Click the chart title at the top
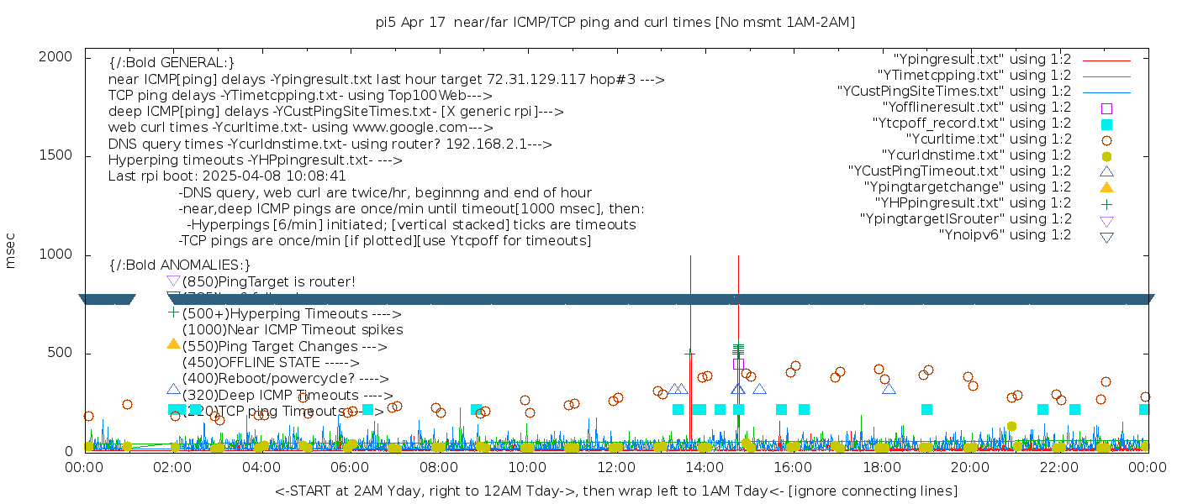(615, 23)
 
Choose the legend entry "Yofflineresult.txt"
(977, 108)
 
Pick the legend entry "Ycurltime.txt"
(988, 139)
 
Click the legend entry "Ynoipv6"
(1005, 235)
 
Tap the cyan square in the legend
(1106, 124)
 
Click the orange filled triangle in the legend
(1106, 187)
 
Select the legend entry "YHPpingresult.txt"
(973, 203)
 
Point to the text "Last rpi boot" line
(227, 176)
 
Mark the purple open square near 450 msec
(738, 364)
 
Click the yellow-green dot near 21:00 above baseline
(1011, 427)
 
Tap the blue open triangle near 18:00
(889, 388)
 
